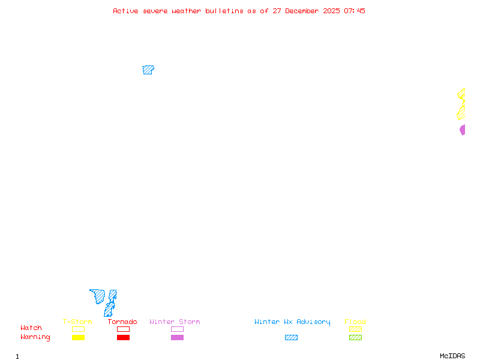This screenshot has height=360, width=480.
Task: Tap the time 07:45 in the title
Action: (356, 11)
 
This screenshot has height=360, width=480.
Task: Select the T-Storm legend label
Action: (77, 322)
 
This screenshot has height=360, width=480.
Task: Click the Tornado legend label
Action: (122, 322)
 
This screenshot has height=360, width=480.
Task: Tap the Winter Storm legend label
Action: (175, 322)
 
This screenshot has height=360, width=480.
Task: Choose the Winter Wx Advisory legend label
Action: (292, 322)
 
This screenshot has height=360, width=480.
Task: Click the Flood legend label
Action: (355, 322)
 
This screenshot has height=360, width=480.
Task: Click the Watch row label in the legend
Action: (31, 328)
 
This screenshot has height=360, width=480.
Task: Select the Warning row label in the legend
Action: (35, 337)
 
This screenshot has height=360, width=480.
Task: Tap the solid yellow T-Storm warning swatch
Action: (78, 338)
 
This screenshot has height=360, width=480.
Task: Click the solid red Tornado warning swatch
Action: (123, 338)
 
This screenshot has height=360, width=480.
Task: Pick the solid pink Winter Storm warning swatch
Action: (177, 338)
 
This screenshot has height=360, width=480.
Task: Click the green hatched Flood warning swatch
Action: (355, 338)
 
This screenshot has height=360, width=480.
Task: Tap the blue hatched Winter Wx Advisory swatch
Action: (291, 338)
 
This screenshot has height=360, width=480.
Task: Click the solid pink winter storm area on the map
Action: (463, 130)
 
